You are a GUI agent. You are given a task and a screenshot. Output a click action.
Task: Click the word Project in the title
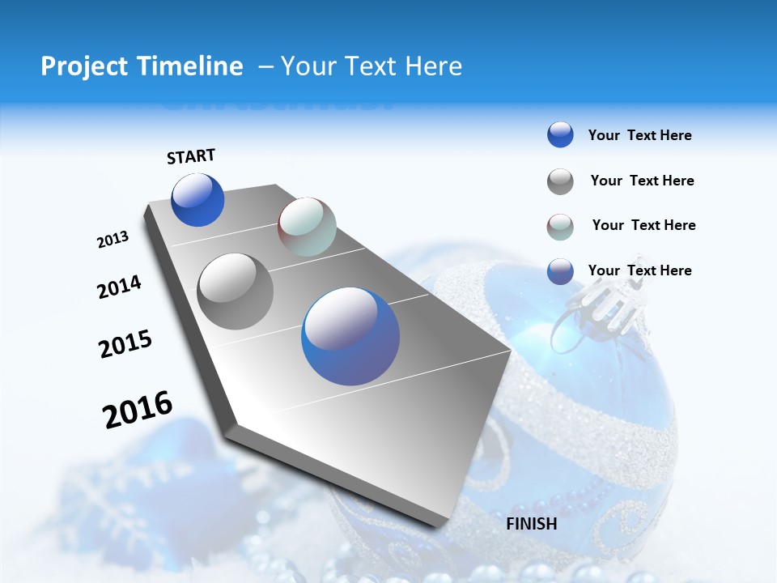[84, 66]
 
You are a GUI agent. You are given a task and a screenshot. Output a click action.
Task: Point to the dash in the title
[265, 66]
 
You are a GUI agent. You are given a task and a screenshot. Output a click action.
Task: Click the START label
[191, 156]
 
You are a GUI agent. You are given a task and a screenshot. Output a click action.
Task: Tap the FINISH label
[532, 524]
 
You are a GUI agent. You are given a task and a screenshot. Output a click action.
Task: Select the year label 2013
[113, 240]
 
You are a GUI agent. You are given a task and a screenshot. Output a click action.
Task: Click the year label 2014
[119, 287]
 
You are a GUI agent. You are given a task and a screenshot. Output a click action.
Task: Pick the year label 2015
[125, 344]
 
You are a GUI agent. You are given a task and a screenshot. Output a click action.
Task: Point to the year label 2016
[138, 409]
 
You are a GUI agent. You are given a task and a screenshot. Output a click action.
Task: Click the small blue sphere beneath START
[197, 200]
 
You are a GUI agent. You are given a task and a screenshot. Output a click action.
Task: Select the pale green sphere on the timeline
[307, 227]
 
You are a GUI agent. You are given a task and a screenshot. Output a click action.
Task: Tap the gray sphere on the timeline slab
[236, 291]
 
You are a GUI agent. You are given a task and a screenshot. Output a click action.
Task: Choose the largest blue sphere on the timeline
[350, 336]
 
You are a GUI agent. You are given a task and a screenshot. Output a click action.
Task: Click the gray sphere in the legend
[560, 181]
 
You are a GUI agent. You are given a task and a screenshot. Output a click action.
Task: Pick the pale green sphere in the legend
[560, 227]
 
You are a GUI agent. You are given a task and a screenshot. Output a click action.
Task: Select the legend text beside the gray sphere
[642, 181]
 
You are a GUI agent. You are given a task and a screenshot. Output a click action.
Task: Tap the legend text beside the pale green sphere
[643, 225]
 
